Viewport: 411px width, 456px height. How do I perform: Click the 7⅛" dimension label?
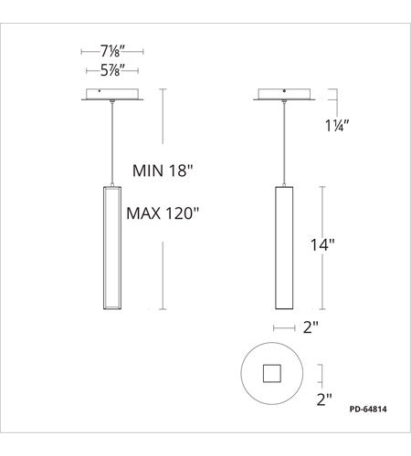pos(112,51)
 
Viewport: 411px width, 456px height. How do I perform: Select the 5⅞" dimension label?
pos(112,70)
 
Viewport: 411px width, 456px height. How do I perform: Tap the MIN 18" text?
pos(163,171)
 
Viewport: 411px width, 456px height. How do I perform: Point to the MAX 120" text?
pos(163,213)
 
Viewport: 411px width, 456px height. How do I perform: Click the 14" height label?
pos(322,244)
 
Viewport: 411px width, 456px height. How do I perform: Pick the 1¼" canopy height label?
pos(337,126)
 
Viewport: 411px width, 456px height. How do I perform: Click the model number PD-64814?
pos(368,409)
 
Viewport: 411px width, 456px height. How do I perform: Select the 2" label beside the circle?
pos(324,399)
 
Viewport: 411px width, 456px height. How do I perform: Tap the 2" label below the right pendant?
pos(311,327)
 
